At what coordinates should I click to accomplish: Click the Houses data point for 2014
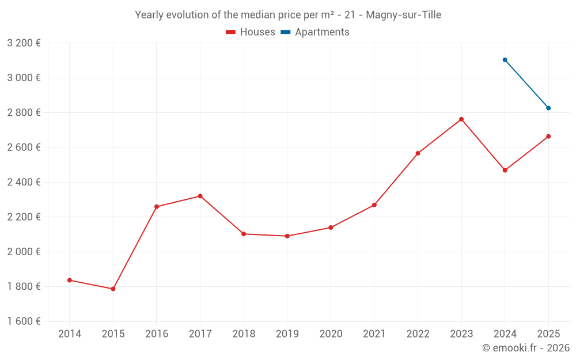coord(69,280)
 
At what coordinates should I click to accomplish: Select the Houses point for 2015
coord(113,289)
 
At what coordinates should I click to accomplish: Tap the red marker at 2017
coord(200,196)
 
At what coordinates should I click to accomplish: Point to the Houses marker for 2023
coord(461,119)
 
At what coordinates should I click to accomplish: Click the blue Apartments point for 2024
coord(505,60)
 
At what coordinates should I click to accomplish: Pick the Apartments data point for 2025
coord(548,108)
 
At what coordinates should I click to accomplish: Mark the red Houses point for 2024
coord(505,170)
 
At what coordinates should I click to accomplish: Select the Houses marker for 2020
coord(331,228)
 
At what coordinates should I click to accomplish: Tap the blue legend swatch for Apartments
coord(285,32)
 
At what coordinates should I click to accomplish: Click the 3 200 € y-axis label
coord(24,43)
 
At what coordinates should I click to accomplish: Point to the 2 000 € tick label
coord(24,252)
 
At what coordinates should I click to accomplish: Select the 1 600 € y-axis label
coord(24,321)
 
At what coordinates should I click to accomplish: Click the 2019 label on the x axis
coord(287,334)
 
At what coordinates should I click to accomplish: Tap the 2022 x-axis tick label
coord(418,334)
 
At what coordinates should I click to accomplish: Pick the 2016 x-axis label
coord(157,334)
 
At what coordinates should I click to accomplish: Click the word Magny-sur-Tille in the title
coord(404,15)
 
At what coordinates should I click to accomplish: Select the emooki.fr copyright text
coord(526,348)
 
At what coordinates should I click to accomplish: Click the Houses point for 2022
coord(418,153)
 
